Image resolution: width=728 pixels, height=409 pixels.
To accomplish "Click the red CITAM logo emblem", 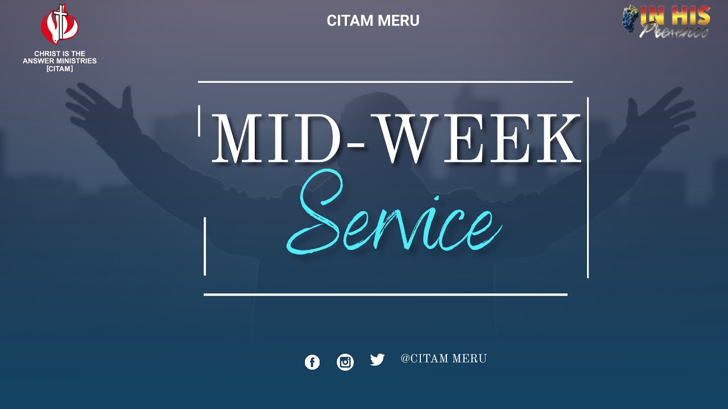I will [59, 25].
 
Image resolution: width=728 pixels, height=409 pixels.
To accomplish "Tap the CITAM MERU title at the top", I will [373, 21].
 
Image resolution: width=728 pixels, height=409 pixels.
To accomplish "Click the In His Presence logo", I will [667, 22].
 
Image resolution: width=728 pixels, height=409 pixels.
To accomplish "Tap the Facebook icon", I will [312, 362].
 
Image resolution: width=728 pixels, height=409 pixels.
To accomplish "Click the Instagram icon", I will [345, 362].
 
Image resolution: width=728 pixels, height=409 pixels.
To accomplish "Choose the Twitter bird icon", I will [377, 360].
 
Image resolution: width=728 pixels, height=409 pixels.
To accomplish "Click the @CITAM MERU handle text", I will [444, 359].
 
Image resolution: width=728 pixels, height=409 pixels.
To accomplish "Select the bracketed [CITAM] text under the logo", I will [60, 69].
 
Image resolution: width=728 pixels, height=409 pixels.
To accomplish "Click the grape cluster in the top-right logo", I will [630, 18].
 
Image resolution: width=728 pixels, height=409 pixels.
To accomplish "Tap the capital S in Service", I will [318, 219].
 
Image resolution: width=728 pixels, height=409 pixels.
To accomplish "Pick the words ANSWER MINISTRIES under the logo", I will [60, 61].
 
